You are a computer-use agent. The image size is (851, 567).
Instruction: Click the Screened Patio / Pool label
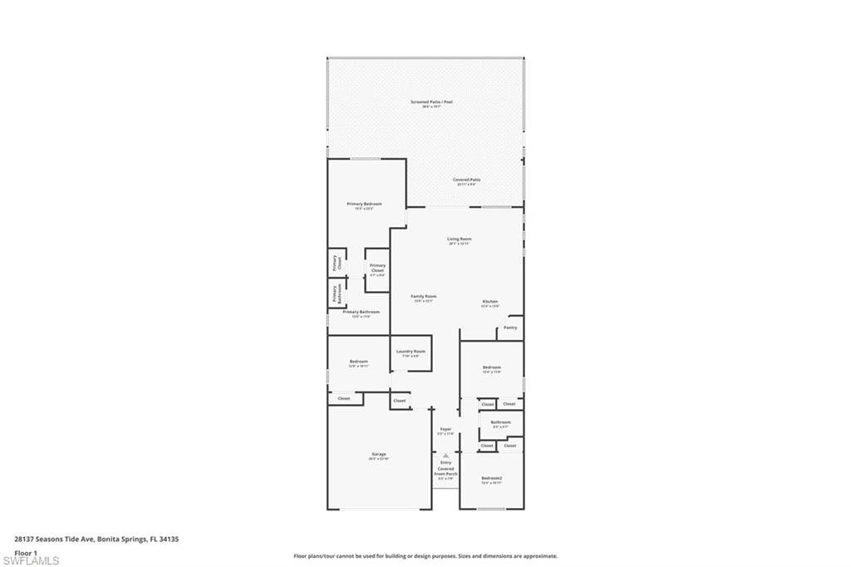[x=431, y=102]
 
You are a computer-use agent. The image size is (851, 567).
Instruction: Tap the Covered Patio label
[x=466, y=180]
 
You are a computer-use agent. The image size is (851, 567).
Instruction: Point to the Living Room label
[x=460, y=239]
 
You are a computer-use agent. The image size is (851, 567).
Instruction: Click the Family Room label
[x=424, y=297]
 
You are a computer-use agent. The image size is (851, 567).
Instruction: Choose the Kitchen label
[x=490, y=302]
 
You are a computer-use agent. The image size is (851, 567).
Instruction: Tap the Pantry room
[x=510, y=328]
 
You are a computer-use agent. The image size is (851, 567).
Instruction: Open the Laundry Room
[x=411, y=353]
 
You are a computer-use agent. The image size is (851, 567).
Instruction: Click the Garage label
[x=379, y=455]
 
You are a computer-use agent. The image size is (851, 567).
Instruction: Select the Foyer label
[x=446, y=430]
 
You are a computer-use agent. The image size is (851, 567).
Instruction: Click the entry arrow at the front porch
[x=445, y=456]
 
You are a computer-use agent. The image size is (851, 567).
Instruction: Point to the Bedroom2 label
[x=492, y=478]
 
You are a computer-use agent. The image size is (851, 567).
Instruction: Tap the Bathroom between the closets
[x=500, y=423]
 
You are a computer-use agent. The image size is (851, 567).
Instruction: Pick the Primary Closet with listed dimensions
[x=377, y=269]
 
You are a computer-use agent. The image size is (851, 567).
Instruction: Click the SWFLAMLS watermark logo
[x=31, y=560]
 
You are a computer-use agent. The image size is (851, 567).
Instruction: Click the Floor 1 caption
[x=26, y=552]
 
